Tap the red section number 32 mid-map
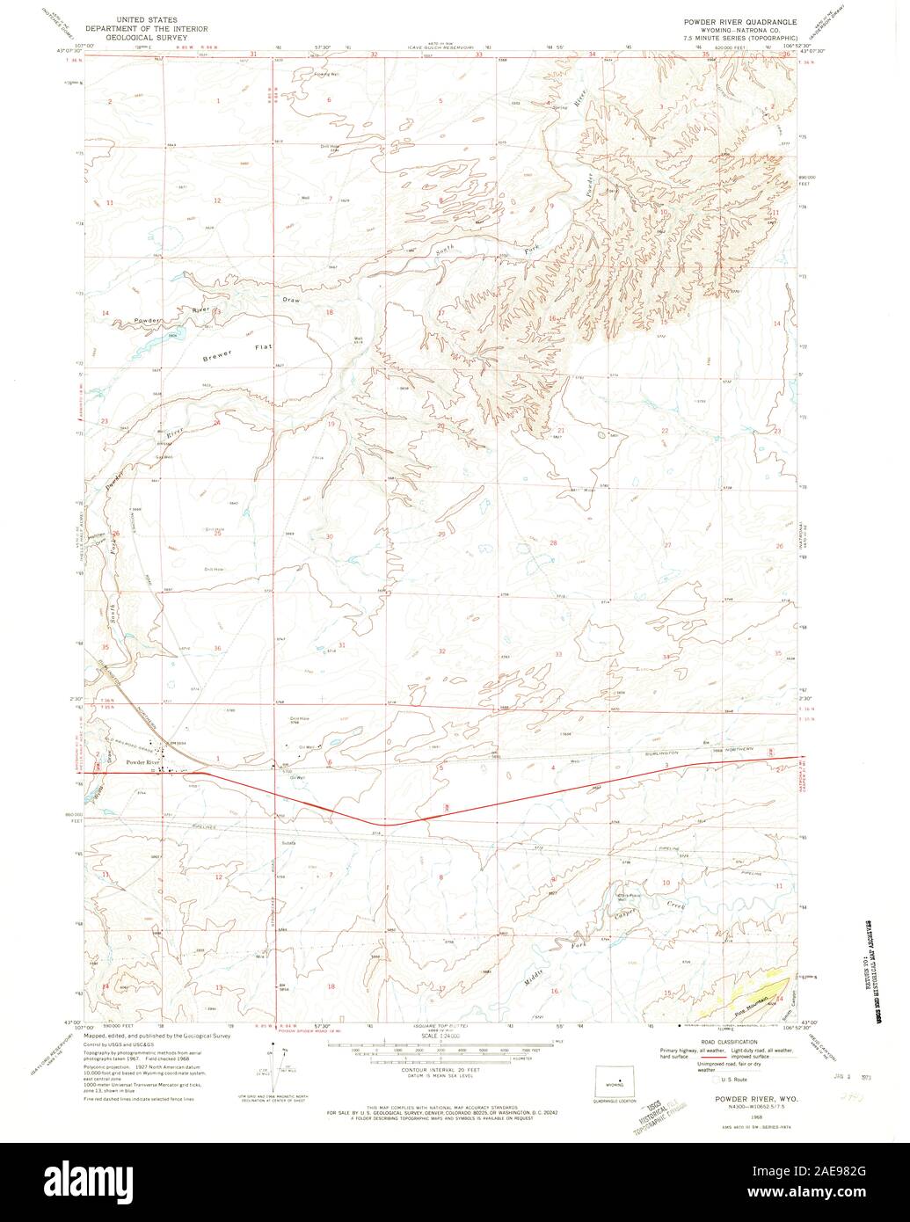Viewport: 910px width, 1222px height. coord(441,651)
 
